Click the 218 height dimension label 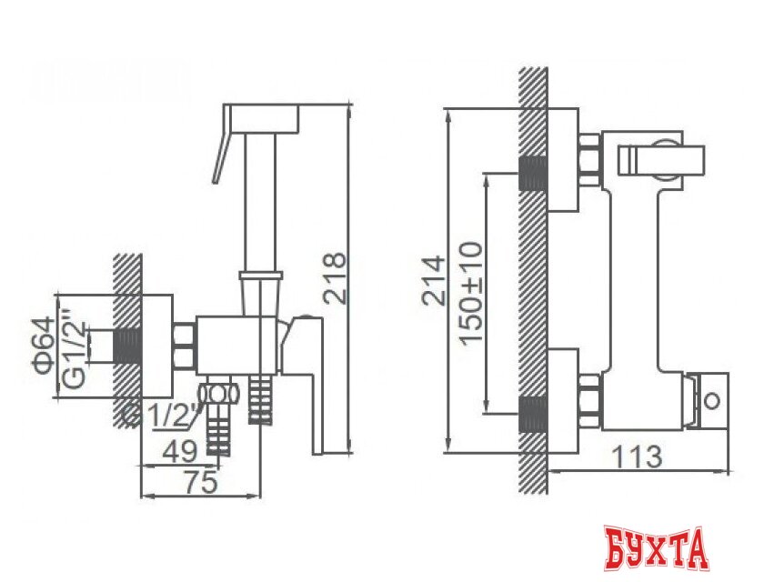coord(335,276)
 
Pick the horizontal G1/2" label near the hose coord(158,414)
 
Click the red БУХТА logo coord(655,551)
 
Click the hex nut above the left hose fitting coord(218,393)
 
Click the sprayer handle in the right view coord(658,161)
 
